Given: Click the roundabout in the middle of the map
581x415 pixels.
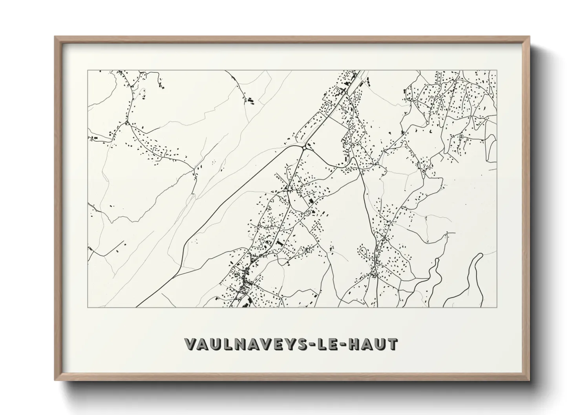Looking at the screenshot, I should click(x=304, y=147).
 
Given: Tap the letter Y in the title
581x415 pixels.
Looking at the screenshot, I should click(x=288, y=344).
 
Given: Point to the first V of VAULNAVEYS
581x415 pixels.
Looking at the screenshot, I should click(x=191, y=344).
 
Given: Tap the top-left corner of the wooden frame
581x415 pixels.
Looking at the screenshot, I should click(x=55, y=36).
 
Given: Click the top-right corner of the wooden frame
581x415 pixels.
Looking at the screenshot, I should click(x=529, y=36).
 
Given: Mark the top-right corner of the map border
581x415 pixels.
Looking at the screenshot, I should click(x=497, y=70).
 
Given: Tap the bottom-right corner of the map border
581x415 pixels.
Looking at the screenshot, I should click(x=497, y=307).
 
